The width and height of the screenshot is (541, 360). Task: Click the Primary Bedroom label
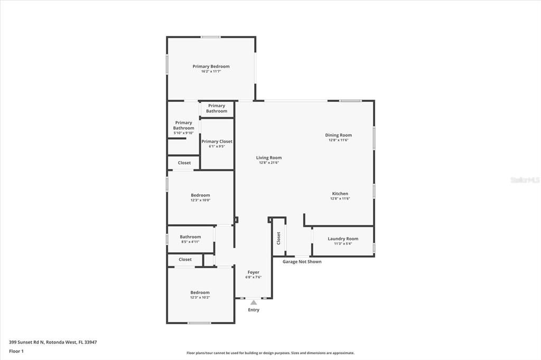coord(211,67)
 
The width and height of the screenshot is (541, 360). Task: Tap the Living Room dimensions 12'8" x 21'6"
coord(269,163)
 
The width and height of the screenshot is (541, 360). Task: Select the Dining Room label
coord(338,135)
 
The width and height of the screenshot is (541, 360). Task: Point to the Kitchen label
coord(340,194)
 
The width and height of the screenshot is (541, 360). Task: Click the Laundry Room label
coord(343,239)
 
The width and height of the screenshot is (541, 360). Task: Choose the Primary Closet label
coord(217,141)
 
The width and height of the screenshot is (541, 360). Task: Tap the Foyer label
coord(254,272)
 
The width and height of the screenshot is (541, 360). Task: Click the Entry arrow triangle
coord(254,302)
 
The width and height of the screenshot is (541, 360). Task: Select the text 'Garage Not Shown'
coord(302,262)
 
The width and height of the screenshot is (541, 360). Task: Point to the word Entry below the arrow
coord(254,310)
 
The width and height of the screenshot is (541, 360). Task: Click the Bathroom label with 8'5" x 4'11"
coord(190,237)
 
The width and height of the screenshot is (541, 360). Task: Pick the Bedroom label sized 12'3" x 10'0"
coord(200,195)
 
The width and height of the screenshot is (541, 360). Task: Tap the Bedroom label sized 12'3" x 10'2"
coord(200,292)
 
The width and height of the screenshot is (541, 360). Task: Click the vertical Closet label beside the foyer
coord(278,239)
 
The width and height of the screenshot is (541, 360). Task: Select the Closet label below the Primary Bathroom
coord(184,163)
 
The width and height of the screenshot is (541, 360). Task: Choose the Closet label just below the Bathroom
coord(185,260)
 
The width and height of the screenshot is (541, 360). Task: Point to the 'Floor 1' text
coord(16,351)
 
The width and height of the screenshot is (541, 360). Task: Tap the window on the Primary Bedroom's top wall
coord(211,37)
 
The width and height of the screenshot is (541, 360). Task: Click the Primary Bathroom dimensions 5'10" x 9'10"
coord(183,133)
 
